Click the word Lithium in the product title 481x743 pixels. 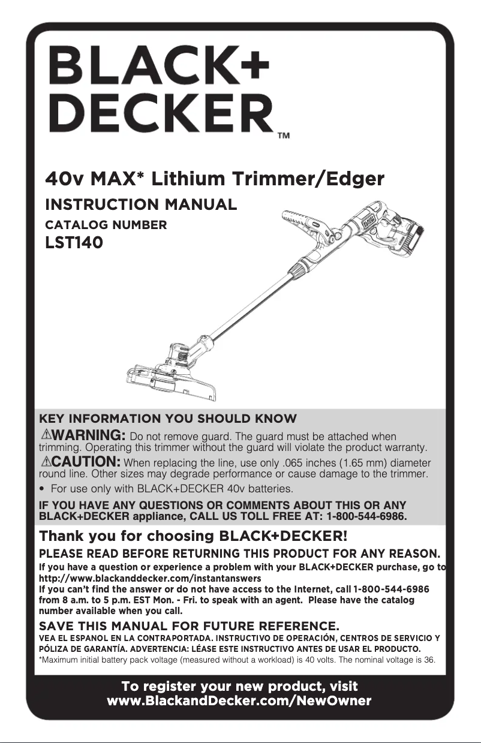coord(188,179)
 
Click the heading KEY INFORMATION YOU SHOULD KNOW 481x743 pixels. coord(167,418)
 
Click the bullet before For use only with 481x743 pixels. coord(43,489)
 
